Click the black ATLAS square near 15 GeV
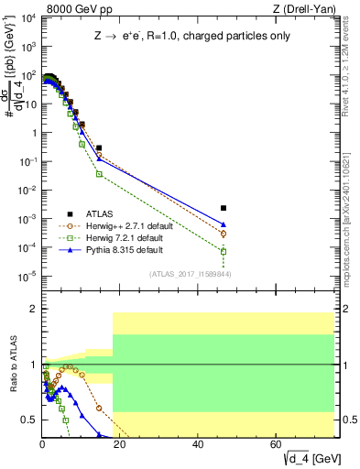point(99,147)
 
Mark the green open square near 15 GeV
point(99,173)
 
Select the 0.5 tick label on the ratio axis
point(29,420)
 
